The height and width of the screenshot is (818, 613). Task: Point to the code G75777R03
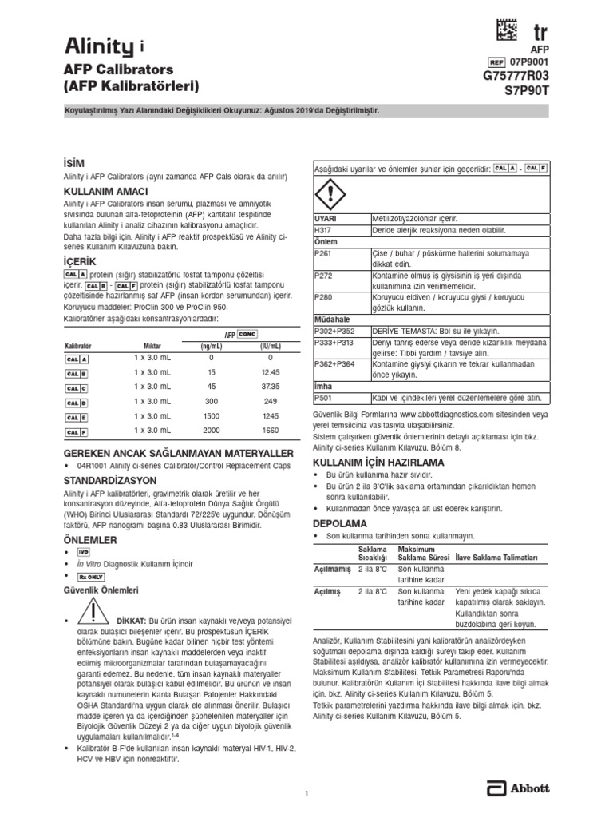click(x=516, y=75)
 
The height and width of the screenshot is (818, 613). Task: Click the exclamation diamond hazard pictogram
click(x=330, y=194)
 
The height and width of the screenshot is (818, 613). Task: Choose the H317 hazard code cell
click(x=323, y=230)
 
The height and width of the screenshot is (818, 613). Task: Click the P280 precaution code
click(x=323, y=297)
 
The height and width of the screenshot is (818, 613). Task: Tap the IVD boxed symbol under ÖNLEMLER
click(x=83, y=552)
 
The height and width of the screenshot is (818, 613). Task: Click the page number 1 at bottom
click(x=306, y=792)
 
